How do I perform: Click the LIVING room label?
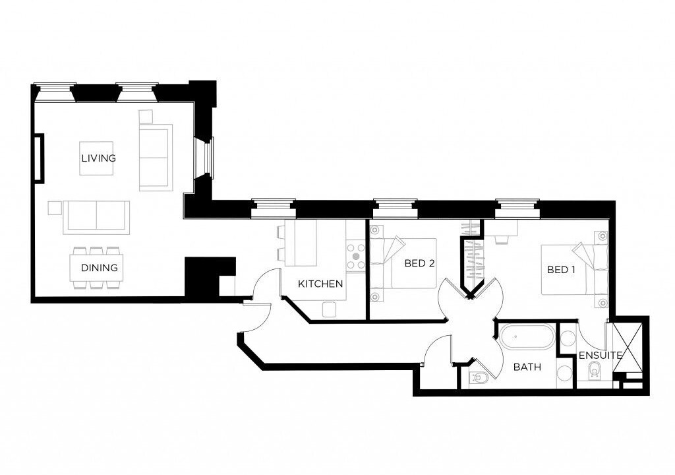click(99, 158)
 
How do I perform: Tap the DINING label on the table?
click(100, 268)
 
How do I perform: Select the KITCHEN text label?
click(320, 284)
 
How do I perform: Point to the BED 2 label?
click(419, 263)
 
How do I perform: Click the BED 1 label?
click(562, 270)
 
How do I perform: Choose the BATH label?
click(527, 367)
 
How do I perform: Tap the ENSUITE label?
click(601, 356)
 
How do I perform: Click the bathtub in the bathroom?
click(526, 338)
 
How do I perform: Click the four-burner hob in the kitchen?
click(355, 256)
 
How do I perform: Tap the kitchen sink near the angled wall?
click(329, 309)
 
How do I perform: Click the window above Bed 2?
click(396, 208)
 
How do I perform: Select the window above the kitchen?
click(274, 208)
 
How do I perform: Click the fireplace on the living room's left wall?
click(39, 158)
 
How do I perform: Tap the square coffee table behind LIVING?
click(96, 158)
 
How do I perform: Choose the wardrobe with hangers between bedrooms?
click(473, 259)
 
